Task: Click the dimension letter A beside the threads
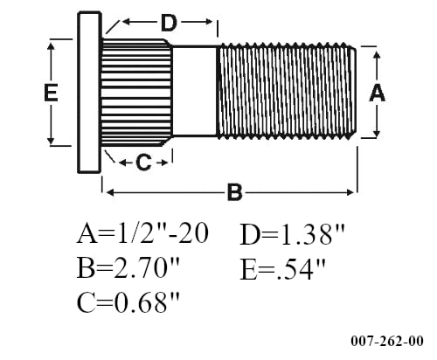click(x=378, y=93)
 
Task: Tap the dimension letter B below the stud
click(x=234, y=192)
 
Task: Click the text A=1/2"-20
click(x=142, y=234)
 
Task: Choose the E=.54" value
click(x=283, y=268)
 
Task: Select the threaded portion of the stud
click(x=286, y=92)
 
